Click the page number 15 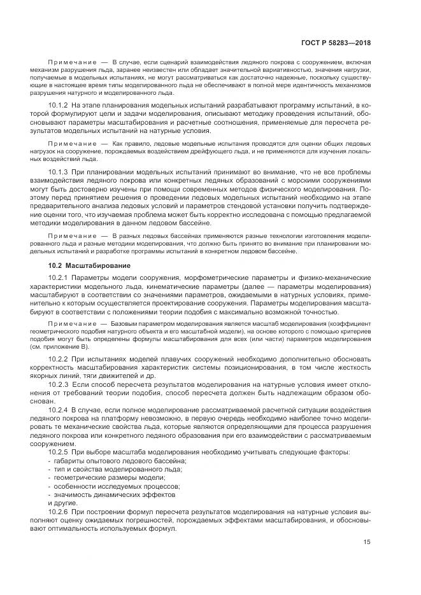coord(367,542)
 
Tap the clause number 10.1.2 coord(58,104)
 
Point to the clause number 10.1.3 coord(58,172)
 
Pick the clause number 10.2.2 coord(58,360)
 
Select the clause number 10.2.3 coord(58,385)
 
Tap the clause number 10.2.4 coord(58,409)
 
